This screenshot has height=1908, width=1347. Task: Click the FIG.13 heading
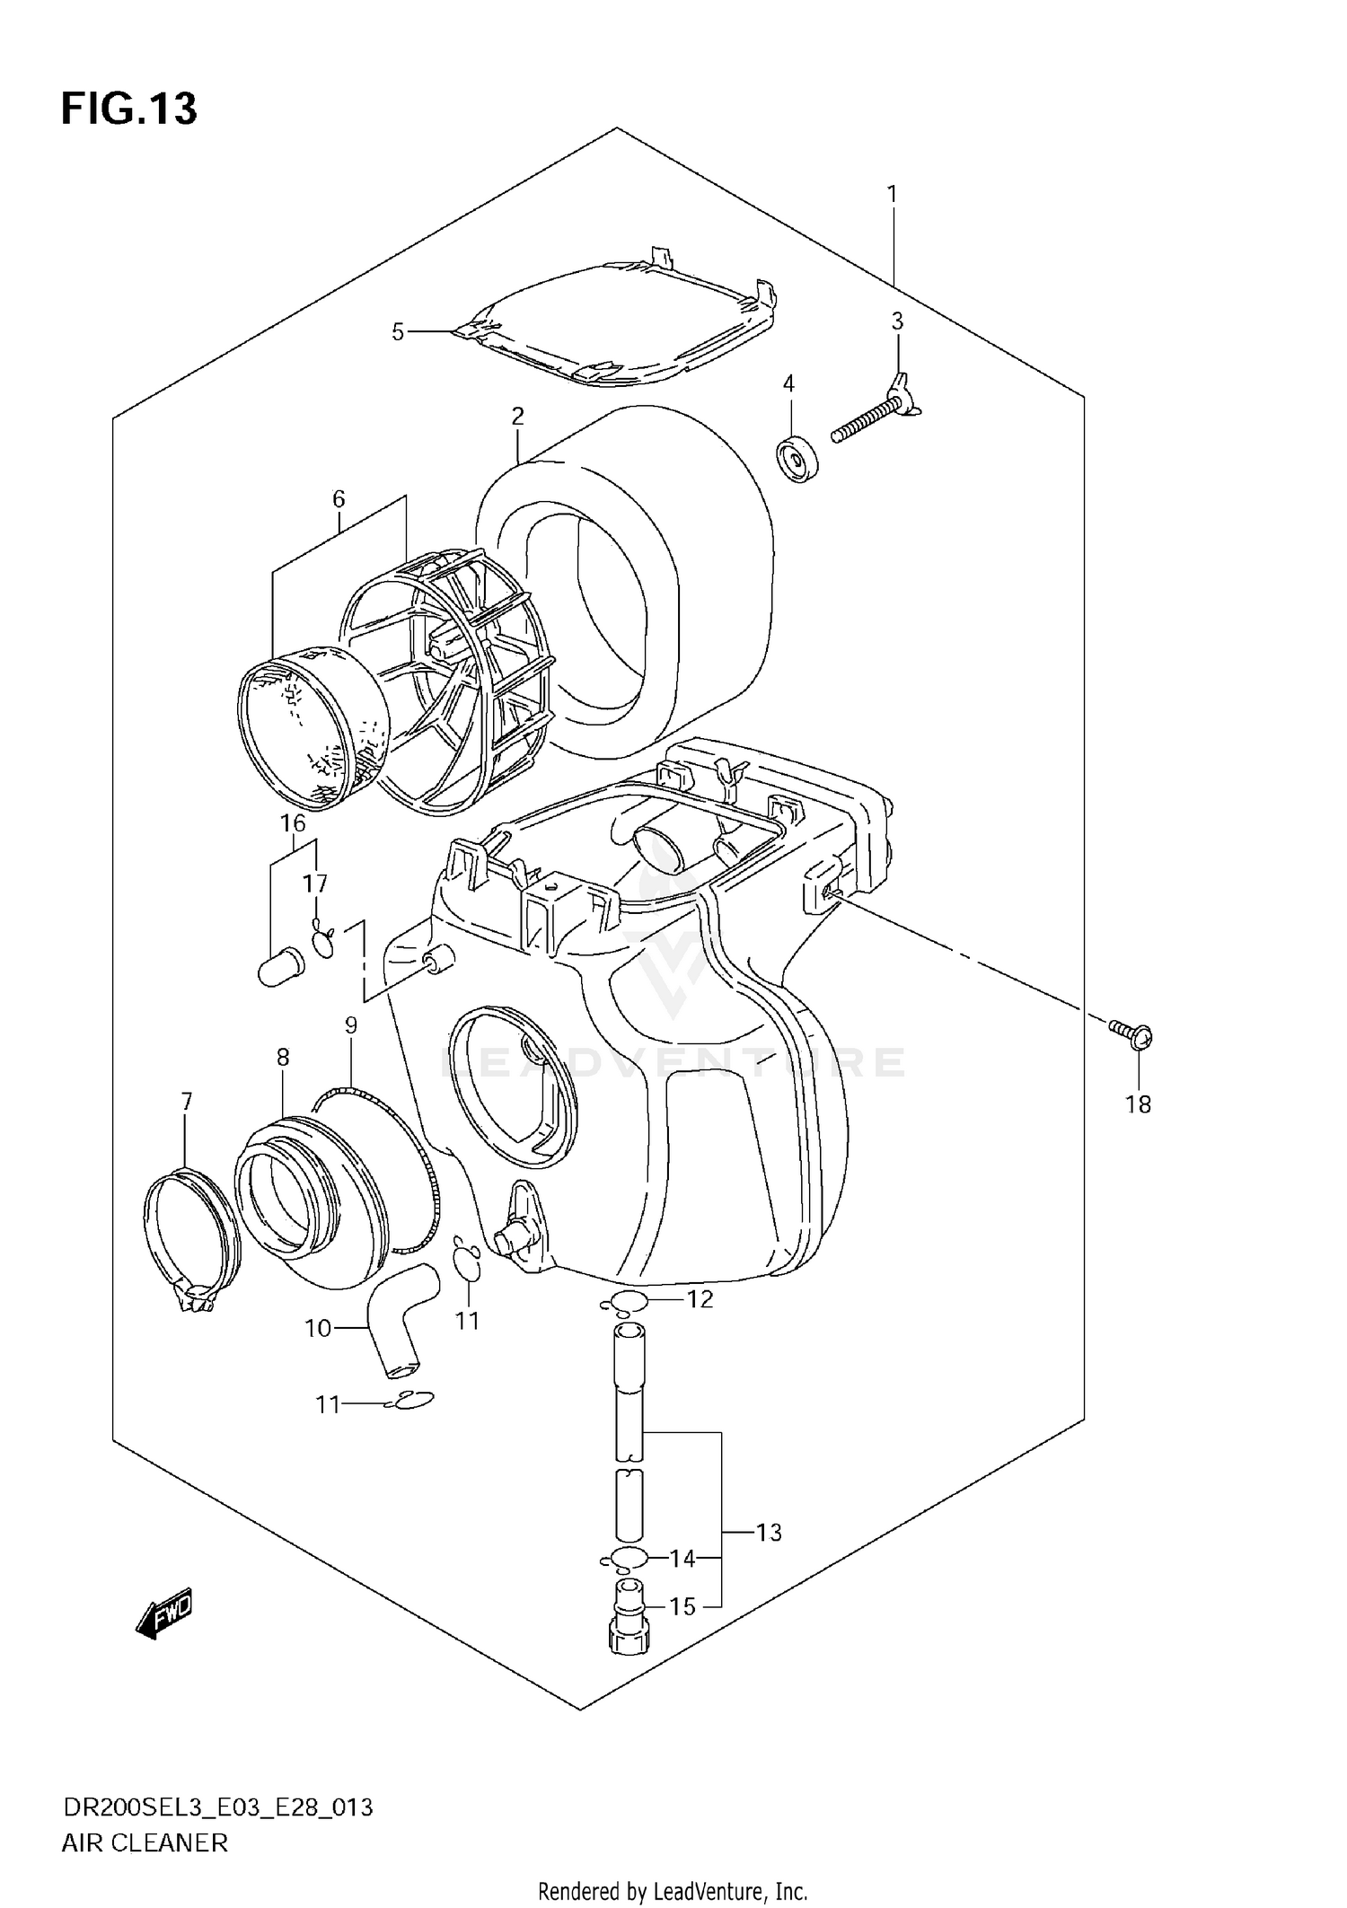pyautogui.click(x=128, y=110)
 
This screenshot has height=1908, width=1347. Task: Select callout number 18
pyautogui.click(x=1138, y=1103)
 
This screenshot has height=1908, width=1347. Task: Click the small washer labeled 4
pyautogui.click(x=796, y=459)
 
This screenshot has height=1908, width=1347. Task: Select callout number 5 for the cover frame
pyautogui.click(x=398, y=332)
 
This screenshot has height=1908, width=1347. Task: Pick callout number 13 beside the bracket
pyautogui.click(x=769, y=1532)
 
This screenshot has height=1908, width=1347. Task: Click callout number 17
pyautogui.click(x=314, y=884)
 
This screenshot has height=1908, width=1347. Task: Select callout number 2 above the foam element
pyautogui.click(x=517, y=416)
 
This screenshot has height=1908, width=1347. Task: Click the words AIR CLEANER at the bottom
pyautogui.click(x=144, y=1842)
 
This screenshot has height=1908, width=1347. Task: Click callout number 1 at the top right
pyautogui.click(x=892, y=193)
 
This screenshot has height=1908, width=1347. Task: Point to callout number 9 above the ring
pyautogui.click(x=350, y=1024)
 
